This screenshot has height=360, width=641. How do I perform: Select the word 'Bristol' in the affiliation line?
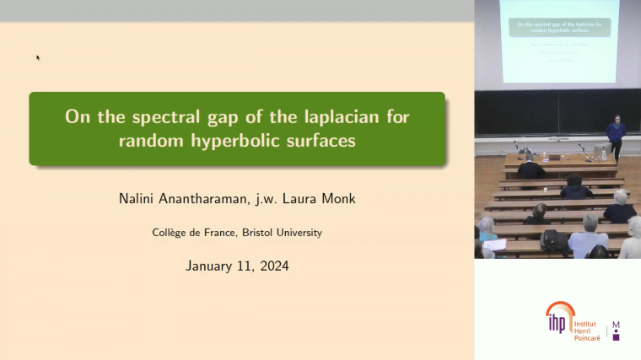(245, 232)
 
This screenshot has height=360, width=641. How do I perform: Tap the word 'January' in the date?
(210, 266)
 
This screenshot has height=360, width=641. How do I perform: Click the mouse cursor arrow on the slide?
(38, 57)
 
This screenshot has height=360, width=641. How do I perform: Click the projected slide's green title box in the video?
(558, 28)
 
